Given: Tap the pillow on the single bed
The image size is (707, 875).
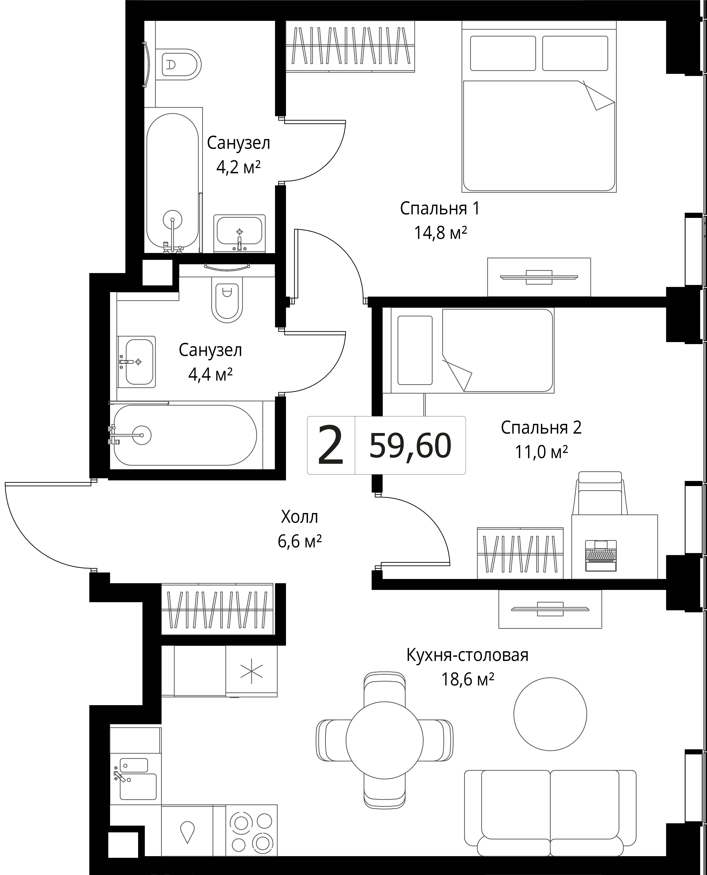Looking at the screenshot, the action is tap(415, 350).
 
